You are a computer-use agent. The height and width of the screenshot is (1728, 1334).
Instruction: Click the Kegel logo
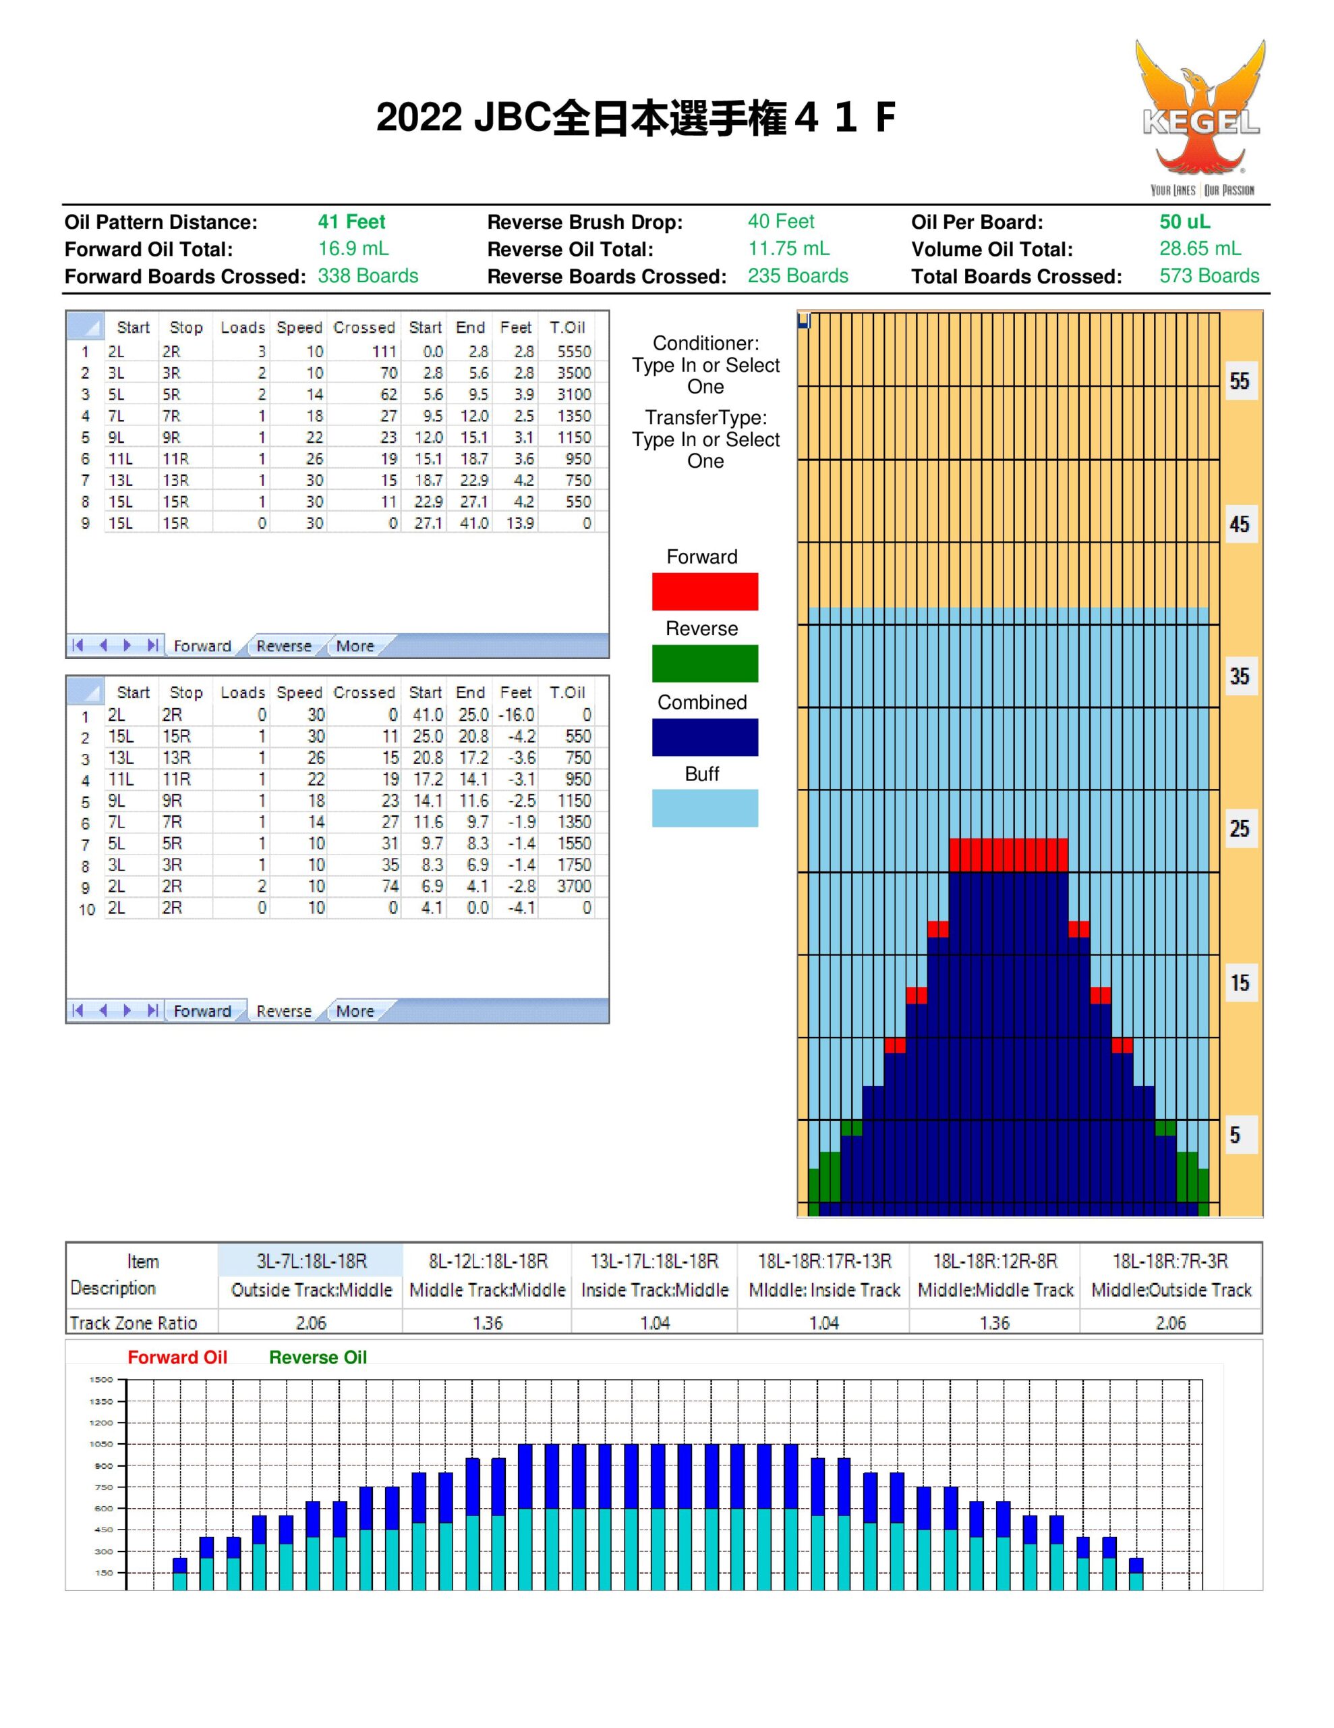[1200, 117]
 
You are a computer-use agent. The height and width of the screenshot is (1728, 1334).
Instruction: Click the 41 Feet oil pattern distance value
[351, 222]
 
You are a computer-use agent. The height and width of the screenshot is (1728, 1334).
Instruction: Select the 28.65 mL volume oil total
[1200, 249]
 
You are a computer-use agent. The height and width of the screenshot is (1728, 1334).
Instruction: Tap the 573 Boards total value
[1209, 276]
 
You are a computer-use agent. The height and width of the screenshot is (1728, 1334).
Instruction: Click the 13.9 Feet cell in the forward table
[519, 523]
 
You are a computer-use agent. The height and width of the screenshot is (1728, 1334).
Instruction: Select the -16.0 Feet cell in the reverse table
[517, 714]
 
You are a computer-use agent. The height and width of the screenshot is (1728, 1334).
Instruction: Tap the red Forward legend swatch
[705, 591]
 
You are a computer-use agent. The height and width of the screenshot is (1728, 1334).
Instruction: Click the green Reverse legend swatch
[705, 663]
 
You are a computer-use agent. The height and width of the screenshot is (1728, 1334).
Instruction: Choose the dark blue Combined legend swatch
[705, 736]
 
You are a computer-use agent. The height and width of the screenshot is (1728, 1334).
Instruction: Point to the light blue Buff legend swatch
[705, 808]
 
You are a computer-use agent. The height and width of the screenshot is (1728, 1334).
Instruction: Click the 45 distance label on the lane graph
[1239, 524]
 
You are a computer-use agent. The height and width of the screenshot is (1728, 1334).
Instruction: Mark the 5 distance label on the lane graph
[1234, 1135]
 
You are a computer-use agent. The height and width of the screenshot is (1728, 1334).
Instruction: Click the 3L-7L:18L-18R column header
[311, 1260]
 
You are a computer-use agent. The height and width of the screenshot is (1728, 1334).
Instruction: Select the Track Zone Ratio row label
[133, 1323]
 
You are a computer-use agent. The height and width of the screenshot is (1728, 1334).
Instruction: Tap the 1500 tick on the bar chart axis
[101, 1380]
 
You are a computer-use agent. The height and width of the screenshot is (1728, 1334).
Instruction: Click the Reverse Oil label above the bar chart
[318, 1357]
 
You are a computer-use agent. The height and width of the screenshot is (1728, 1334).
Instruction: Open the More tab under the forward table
[355, 645]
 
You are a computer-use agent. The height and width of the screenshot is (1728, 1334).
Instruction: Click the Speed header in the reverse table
[299, 693]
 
